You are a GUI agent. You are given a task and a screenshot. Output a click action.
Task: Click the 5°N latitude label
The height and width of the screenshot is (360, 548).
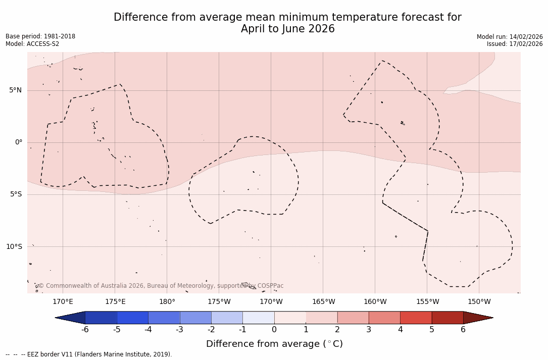click(15, 90)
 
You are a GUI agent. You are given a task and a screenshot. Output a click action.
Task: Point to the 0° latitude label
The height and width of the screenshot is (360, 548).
click(19, 142)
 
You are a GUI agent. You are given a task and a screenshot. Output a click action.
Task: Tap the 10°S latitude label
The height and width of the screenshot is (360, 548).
click(14, 247)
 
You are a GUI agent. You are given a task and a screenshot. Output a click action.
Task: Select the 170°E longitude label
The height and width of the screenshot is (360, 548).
click(63, 302)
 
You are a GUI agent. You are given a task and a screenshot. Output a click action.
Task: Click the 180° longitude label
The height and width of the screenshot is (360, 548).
click(167, 302)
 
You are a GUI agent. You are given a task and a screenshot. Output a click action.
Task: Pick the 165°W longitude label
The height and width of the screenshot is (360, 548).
click(323, 302)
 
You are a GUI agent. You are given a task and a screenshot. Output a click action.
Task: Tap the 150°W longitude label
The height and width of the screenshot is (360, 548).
click(479, 302)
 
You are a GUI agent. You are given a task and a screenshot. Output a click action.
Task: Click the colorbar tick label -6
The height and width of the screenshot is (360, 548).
click(85, 330)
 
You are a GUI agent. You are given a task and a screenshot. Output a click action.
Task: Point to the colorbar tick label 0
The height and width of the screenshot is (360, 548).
click(274, 330)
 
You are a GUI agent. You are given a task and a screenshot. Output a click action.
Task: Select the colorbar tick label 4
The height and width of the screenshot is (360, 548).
click(400, 330)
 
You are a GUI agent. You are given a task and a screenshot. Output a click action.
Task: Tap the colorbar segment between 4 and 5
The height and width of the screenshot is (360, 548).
click(416, 318)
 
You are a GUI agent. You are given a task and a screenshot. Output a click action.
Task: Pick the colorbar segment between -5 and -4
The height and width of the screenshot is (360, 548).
click(132, 318)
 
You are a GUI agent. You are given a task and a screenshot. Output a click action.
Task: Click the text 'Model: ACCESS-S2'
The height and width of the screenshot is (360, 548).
click(32, 44)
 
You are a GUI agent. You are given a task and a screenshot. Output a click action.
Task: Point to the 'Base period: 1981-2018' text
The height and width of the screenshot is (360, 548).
click(40, 36)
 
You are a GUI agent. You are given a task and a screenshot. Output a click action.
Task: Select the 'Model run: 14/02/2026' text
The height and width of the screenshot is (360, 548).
click(510, 37)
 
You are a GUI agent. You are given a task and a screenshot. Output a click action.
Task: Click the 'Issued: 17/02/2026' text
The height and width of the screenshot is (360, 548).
click(515, 44)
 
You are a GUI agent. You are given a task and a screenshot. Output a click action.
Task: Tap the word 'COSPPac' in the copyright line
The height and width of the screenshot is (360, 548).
click(270, 286)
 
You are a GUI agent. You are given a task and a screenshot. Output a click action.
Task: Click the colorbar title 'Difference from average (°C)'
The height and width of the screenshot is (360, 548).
click(274, 344)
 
